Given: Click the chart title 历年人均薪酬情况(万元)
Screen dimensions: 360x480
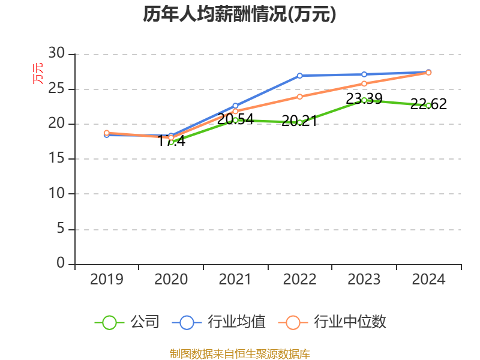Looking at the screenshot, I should tap(239, 14).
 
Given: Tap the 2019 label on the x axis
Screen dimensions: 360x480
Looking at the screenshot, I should tap(106, 280).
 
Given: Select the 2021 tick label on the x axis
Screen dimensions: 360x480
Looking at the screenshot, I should tap(235, 280).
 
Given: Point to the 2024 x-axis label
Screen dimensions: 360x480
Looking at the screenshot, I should tap(428, 280).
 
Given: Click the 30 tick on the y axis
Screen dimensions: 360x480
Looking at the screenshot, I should tap(56, 53).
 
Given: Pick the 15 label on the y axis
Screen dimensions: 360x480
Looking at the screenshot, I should tap(56, 158).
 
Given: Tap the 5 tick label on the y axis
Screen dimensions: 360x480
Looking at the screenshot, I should tap(60, 229).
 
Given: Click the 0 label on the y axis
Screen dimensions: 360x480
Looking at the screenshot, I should tap(60, 263).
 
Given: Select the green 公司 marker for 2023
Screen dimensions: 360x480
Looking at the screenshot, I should tap(364, 100).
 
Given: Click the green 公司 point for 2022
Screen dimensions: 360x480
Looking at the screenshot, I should tap(300, 122).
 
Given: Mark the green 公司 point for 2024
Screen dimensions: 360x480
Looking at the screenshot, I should tap(428, 106).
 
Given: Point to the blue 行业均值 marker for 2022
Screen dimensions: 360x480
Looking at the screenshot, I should tap(300, 76).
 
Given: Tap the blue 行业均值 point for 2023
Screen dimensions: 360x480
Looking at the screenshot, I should tap(364, 74).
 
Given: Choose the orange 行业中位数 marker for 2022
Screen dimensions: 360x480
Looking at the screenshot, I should tap(300, 96).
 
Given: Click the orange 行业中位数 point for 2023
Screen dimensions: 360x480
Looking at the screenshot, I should tap(364, 83).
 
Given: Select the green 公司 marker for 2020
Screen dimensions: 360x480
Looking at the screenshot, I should tap(171, 142).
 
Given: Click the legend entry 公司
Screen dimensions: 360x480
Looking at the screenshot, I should tap(127, 322).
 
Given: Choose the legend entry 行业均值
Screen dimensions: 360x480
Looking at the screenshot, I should tap(218, 322).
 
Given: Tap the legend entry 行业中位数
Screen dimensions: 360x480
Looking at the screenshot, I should tap(332, 322).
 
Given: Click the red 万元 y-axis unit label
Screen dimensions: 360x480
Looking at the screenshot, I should tap(38, 73).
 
